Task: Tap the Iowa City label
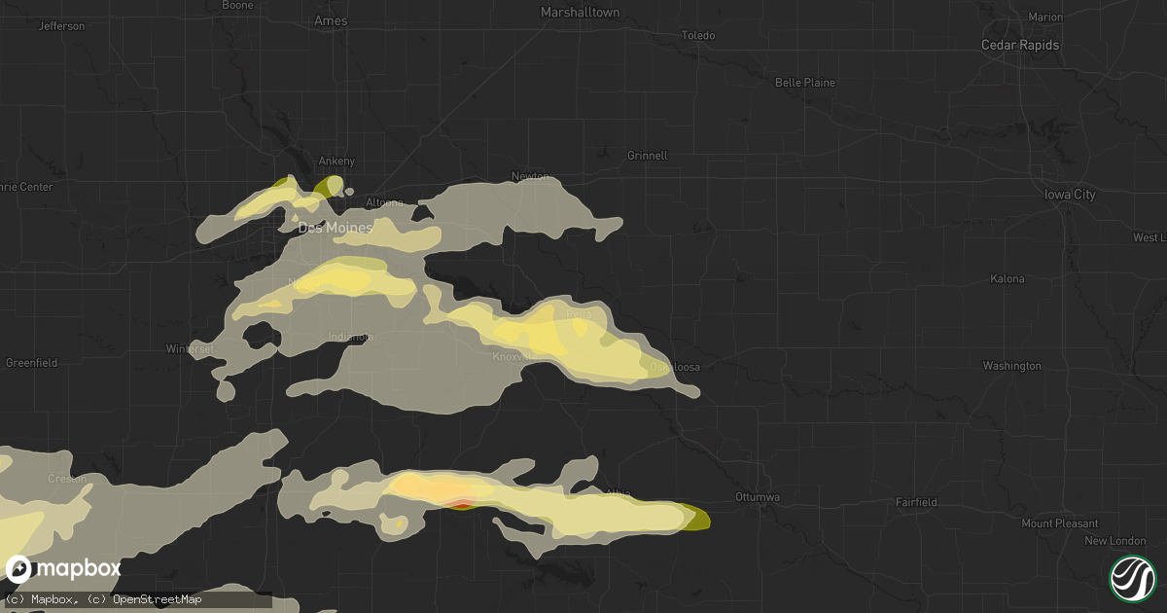pos(1071,195)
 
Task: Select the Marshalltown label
pos(580,13)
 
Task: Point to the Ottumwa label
pos(758,496)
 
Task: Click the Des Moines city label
pos(321,229)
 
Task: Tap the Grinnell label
pos(647,155)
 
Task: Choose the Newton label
pos(530,177)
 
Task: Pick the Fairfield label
pos(917,502)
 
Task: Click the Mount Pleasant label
pos(1059,523)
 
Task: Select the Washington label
pos(1011,366)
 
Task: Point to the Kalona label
pos(1007,279)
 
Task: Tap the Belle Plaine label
pos(804,83)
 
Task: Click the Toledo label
pos(698,36)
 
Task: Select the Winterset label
pos(188,348)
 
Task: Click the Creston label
pos(67,479)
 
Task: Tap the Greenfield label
pos(31,363)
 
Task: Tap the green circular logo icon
pos(1132,577)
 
